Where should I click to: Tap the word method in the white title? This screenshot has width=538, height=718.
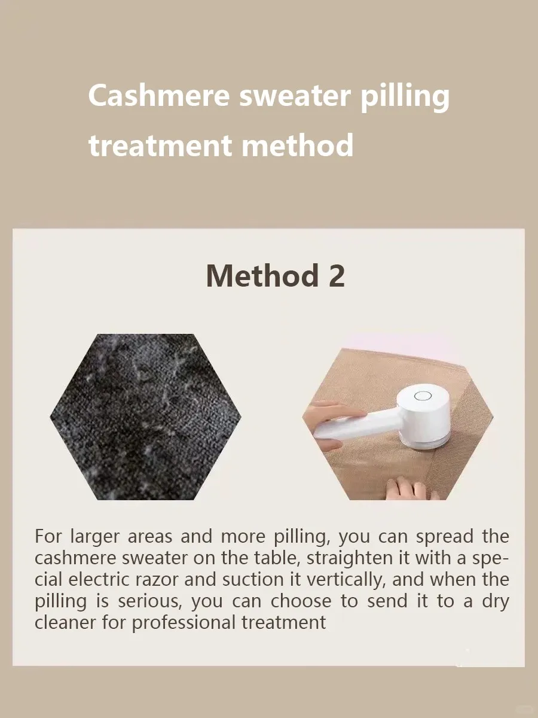point(297,145)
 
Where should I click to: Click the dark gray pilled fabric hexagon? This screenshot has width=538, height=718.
point(146,416)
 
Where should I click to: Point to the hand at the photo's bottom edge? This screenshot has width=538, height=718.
point(412,489)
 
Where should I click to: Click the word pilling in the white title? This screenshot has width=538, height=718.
point(405,96)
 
